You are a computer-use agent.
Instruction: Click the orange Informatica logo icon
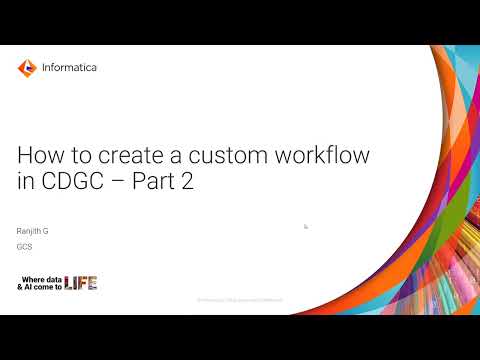[27, 68]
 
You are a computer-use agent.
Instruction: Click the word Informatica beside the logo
[70, 68]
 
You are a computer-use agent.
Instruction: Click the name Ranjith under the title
[31, 231]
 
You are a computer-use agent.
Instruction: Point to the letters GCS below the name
[25, 246]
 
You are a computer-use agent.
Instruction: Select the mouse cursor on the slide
[306, 227]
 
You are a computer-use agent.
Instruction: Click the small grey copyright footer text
[239, 300]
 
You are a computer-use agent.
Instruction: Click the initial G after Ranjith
[46, 231]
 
